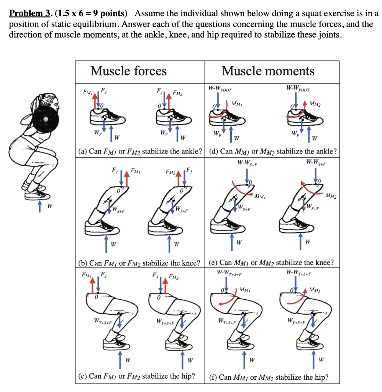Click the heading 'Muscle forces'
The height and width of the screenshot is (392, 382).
[128, 71]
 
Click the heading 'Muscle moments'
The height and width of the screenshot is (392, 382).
[268, 71]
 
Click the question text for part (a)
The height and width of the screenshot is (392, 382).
[140, 151]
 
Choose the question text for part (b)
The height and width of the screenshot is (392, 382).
[139, 263]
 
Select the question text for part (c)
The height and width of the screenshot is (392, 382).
[136, 376]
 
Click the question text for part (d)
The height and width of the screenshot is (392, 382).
[273, 151]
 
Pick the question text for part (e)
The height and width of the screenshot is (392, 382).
[272, 263]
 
